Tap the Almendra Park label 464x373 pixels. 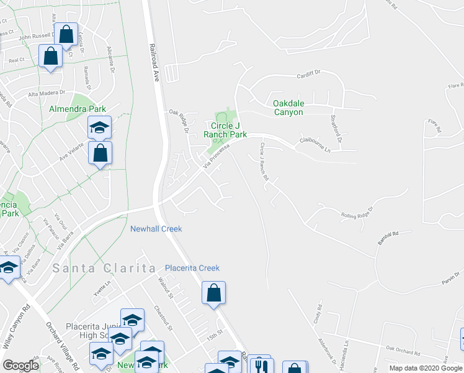78,109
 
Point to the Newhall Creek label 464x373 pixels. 156,229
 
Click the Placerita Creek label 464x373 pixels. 192,268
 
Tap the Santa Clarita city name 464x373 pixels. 104,268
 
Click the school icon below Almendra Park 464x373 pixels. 99,127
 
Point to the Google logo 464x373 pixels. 20,366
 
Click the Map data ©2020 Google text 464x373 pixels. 426,368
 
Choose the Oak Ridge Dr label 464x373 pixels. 179,121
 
